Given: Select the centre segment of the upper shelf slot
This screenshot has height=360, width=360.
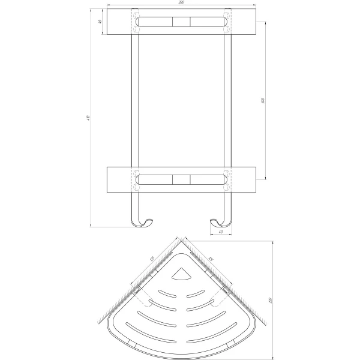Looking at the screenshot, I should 181,22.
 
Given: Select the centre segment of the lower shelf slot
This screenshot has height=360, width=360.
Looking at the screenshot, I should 181,179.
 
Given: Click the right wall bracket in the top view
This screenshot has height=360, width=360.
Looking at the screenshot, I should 226,291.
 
